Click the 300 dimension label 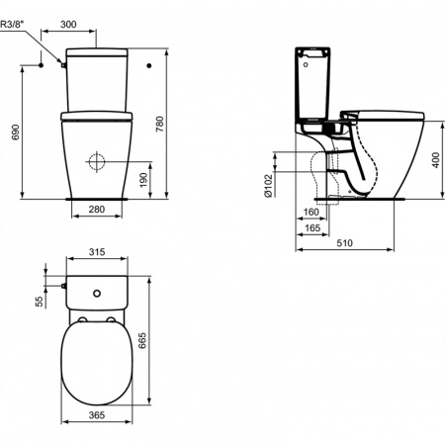[x=68, y=24]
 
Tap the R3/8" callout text [x=11, y=24]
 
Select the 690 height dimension [x=16, y=133]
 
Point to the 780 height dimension [x=159, y=124]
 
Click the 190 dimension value [x=143, y=180]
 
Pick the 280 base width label [x=97, y=209]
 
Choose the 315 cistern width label [x=97, y=252]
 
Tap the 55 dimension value [x=40, y=301]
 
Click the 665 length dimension [x=142, y=341]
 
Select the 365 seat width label [x=97, y=415]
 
